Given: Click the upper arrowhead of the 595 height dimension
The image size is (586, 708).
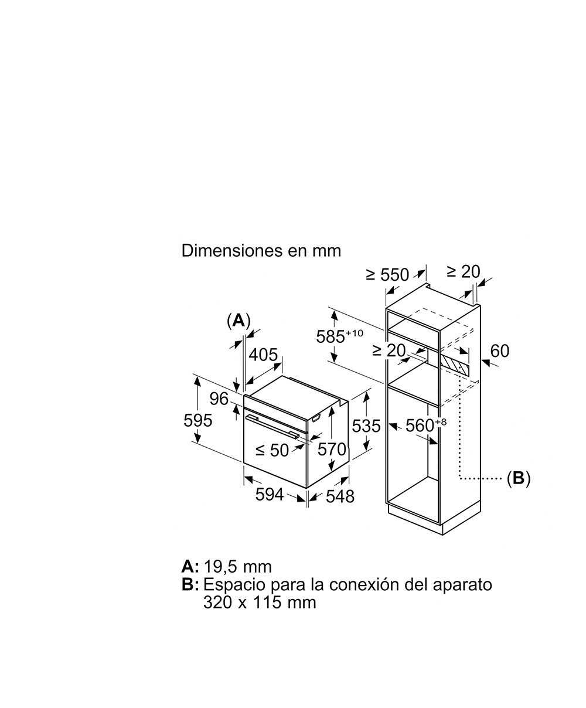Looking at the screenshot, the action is coord(197,381).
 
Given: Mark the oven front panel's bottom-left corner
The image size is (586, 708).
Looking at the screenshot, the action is coord(244,463).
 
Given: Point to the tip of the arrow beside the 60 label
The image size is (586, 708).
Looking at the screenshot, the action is coord(481,360).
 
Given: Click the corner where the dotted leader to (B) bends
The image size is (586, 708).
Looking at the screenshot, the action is coord(459,478).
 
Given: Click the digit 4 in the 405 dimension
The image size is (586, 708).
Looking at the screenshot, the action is coord(254,355).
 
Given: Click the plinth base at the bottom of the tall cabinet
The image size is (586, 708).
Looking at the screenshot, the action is coord(434,520).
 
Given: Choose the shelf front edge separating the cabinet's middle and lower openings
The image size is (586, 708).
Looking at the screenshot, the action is coord(413,394).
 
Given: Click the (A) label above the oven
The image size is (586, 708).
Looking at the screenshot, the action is coord(239,321).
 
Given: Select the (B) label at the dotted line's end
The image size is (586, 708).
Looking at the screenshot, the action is coord(519,478).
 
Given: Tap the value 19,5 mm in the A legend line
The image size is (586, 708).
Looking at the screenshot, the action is coord(238,567).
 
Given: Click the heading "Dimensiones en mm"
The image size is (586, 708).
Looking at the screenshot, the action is coord(261,251).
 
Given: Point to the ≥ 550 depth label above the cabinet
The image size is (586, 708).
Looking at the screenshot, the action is coord(387,275).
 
